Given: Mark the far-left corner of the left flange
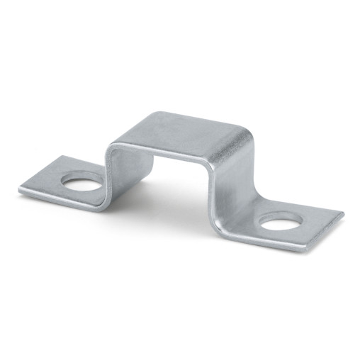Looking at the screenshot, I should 21,188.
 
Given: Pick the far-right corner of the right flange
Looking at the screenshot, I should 342,213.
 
